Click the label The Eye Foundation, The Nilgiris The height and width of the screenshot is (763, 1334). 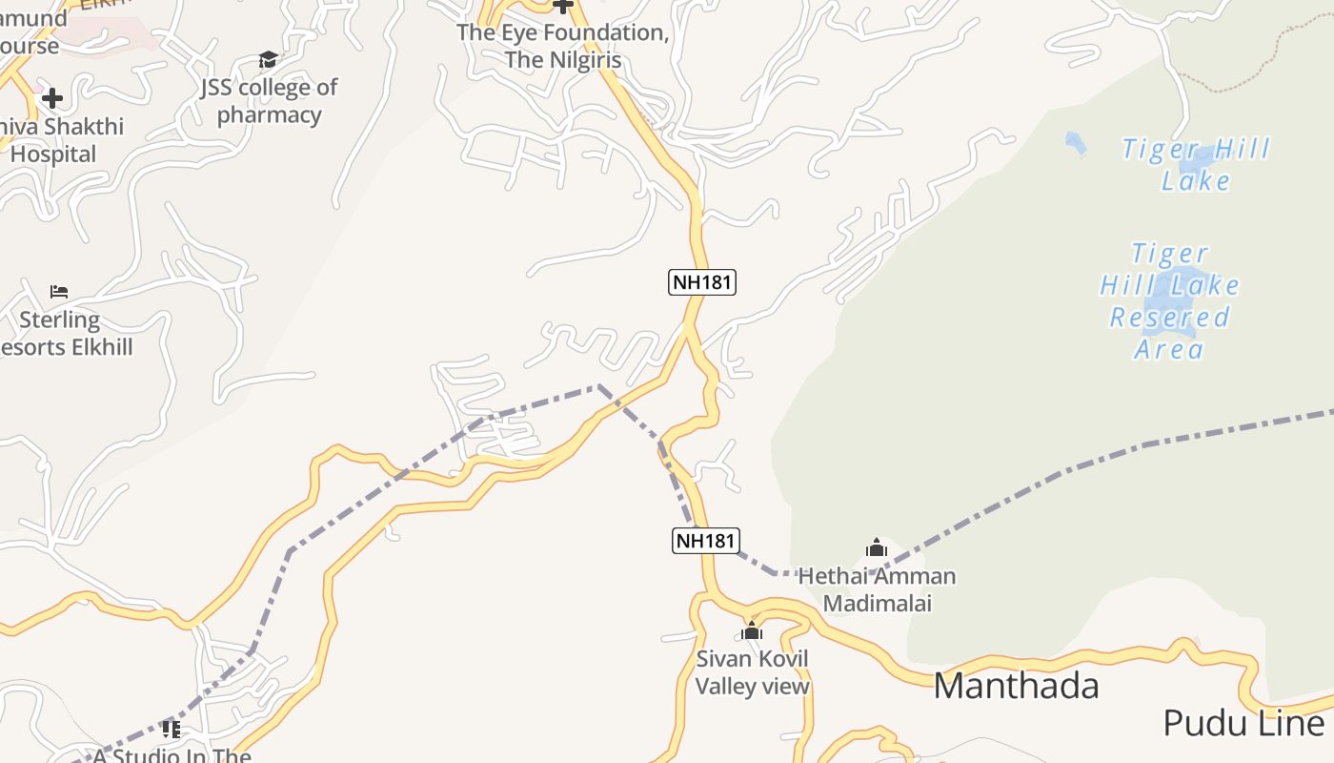[x=562, y=46]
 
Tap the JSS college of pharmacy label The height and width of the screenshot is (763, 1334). [x=269, y=101]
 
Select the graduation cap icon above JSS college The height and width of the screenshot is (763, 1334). [x=268, y=60]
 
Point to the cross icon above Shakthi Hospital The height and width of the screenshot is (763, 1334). [x=52, y=97]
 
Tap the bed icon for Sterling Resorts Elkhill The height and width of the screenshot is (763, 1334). [x=59, y=291]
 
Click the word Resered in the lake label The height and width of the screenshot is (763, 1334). [x=1169, y=318]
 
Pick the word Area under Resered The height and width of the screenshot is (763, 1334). [x=1169, y=349]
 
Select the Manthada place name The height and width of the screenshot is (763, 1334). [x=1016, y=686]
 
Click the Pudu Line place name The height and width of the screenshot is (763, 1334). [x=1243, y=724]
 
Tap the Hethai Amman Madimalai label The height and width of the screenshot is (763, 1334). [x=877, y=589]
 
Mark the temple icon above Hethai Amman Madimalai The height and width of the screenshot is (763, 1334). [x=877, y=548]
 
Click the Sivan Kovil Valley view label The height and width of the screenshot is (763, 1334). [x=752, y=672]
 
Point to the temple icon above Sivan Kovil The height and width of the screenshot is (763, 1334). [x=752, y=630]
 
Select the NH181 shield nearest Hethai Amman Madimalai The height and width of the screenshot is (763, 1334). [x=705, y=541]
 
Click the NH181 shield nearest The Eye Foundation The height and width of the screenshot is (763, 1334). [x=703, y=282]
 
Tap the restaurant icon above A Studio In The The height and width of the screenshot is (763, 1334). [x=172, y=730]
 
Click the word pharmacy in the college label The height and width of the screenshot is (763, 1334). [x=269, y=115]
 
